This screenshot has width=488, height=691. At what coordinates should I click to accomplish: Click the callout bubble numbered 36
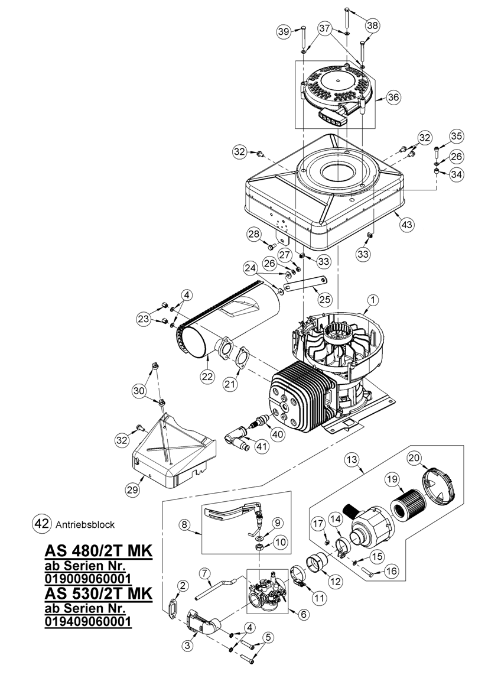pos(393,97)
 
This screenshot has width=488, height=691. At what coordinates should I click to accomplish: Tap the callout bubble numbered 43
pos(406,224)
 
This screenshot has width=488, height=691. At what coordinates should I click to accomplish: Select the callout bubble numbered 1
pos(373,300)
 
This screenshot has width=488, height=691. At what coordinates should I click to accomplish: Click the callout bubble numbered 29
pos(132,489)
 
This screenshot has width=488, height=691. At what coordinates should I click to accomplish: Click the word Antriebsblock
pos(86,524)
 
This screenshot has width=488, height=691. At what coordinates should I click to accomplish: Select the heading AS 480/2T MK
pos(99,551)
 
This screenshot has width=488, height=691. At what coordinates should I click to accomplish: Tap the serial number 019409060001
pos(88,621)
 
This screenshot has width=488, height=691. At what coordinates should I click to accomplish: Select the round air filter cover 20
pos(439,488)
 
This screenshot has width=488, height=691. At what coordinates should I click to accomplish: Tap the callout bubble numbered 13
pos(353,460)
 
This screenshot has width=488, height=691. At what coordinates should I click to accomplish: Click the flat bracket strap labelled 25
pos(305,283)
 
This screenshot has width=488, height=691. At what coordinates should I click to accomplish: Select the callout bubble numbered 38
pos(372,26)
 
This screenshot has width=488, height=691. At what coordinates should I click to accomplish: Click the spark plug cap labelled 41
pos(236,437)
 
